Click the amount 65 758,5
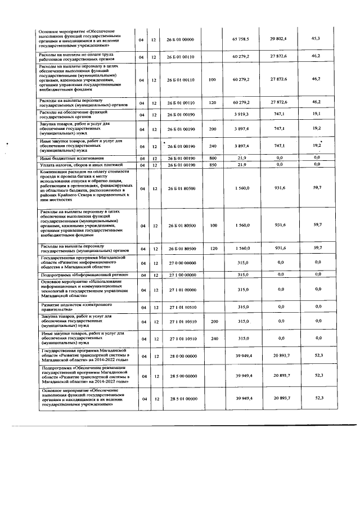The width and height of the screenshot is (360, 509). (240, 39)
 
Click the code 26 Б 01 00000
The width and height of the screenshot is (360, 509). (180, 39)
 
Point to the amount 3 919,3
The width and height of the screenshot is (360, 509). (240, 114)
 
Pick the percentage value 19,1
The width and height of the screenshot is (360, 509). (316, 113)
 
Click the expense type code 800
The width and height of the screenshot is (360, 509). (212, 159)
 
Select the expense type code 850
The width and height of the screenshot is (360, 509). (212, 164)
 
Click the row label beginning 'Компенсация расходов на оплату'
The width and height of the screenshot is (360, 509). (84, 188)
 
